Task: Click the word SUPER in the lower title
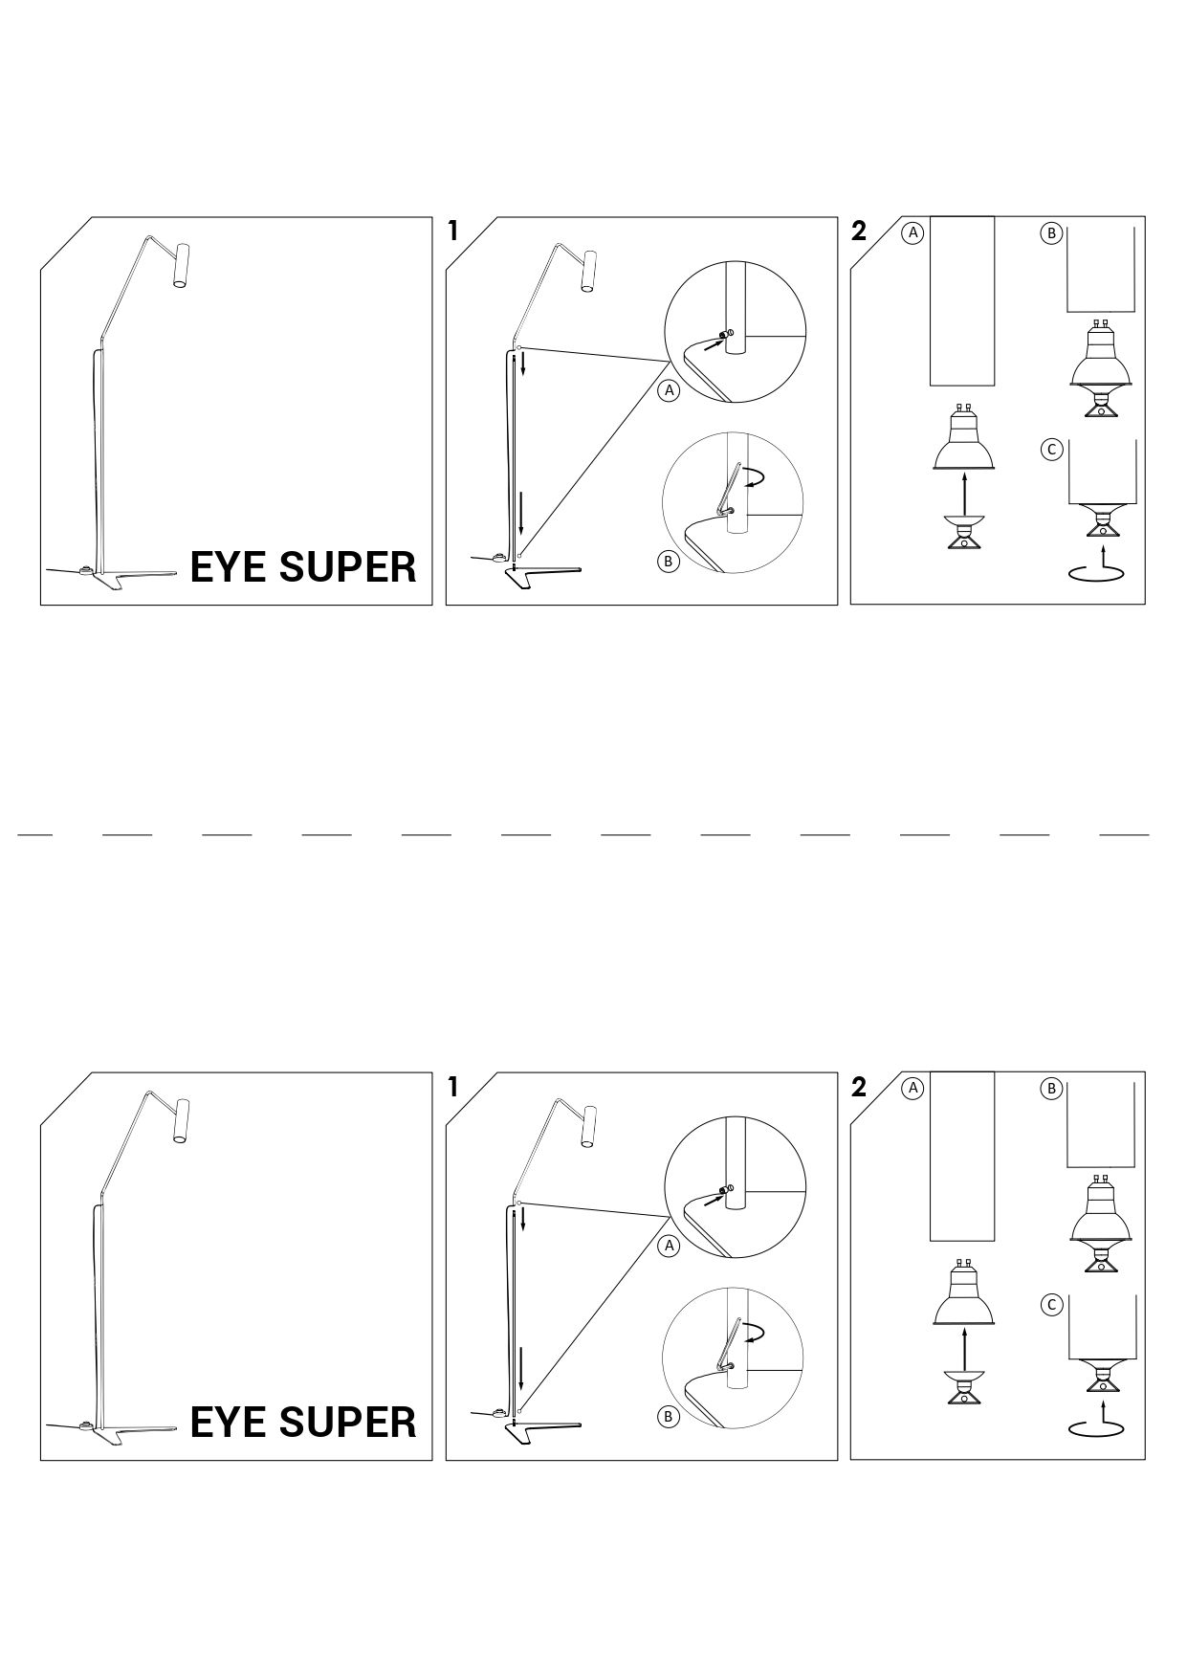click(x=348, y=1423)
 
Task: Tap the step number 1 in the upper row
click(x=453, y=231)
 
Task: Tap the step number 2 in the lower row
click(x=858, y=1087)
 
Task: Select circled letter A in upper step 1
click(x=670, y=390)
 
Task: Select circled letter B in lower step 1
click(x=669, y=1417)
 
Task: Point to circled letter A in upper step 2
click(x=913, y=232)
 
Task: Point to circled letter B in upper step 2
click(x=1051, y=232)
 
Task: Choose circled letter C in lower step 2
click(x=1051, y=1305)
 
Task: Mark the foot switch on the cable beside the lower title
click(x=86, y=1425)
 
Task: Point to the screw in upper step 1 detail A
click(x=726, y=334)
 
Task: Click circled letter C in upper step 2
click(x=1051, y=450)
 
